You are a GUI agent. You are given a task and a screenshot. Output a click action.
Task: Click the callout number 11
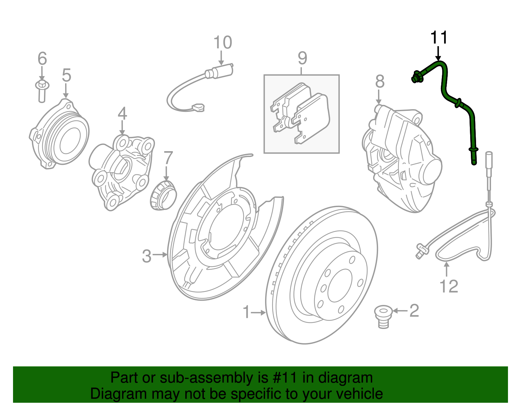tap(439, 38)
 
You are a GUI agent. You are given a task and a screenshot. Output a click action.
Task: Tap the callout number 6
tap(42, 59)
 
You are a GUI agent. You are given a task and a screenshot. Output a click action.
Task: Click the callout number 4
tap(122, 114)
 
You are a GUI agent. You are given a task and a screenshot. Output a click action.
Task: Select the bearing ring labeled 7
tap(163, 196)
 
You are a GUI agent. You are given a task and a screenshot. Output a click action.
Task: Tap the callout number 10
tap(223, 43)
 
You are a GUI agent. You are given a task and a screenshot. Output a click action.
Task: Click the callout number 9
tap(302, 58)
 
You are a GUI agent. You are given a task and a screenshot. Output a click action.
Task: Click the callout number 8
tap(380, 82)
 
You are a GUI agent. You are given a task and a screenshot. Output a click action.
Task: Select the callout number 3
tap(147, 256)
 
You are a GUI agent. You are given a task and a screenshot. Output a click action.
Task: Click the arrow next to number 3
tap(160, 255)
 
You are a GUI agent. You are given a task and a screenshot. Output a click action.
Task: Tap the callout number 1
tap(246, 312)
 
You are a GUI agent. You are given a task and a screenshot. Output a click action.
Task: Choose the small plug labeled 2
tap(384, 317)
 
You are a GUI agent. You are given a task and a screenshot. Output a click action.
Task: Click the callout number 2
tap(414, 311)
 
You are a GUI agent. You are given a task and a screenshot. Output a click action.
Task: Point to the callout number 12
tap(449, 286)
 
